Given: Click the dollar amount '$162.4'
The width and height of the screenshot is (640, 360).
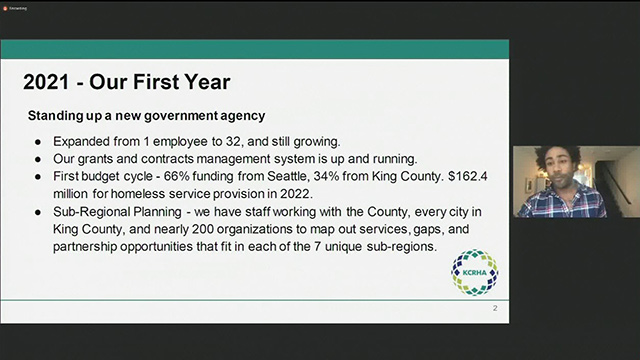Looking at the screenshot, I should [475, 177].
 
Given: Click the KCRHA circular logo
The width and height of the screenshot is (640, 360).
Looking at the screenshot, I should [473, 271].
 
